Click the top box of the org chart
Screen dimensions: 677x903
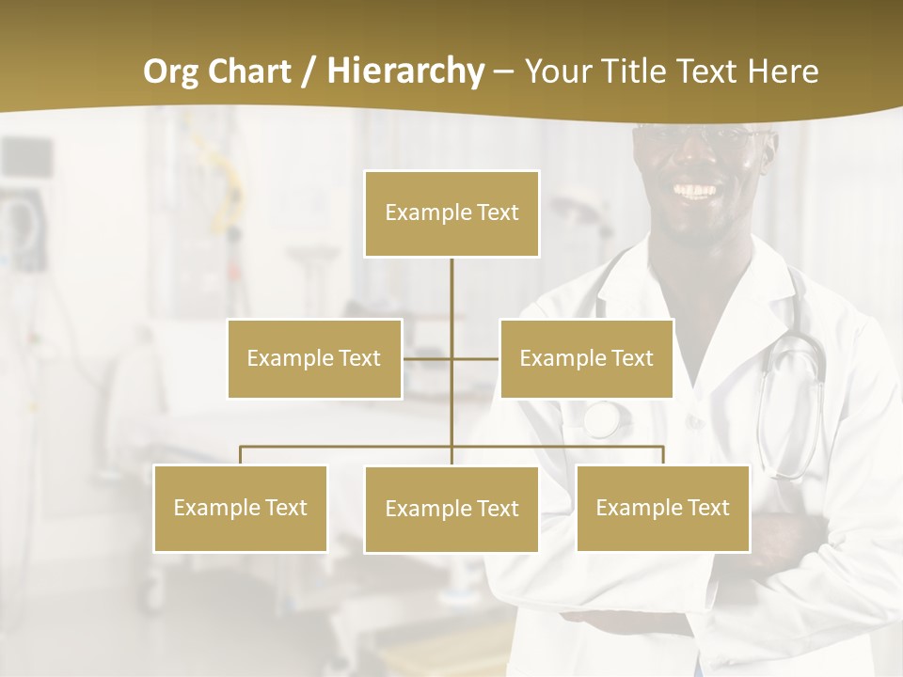click(451, 213)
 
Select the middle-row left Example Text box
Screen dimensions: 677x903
click(314, 358)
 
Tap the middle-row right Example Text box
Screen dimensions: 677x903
click(586, 358)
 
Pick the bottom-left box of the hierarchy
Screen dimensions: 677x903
click(240, 508)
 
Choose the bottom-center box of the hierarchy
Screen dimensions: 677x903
click(451, 509)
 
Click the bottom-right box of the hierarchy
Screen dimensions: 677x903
click(662, 508)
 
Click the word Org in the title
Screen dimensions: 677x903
click(169, 71)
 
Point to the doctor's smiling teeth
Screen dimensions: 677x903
click(697, 191)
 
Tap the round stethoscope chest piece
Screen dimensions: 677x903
click(602, 419)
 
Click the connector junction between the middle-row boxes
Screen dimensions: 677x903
click(451, 358)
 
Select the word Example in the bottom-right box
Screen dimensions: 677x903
click(632, 508)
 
